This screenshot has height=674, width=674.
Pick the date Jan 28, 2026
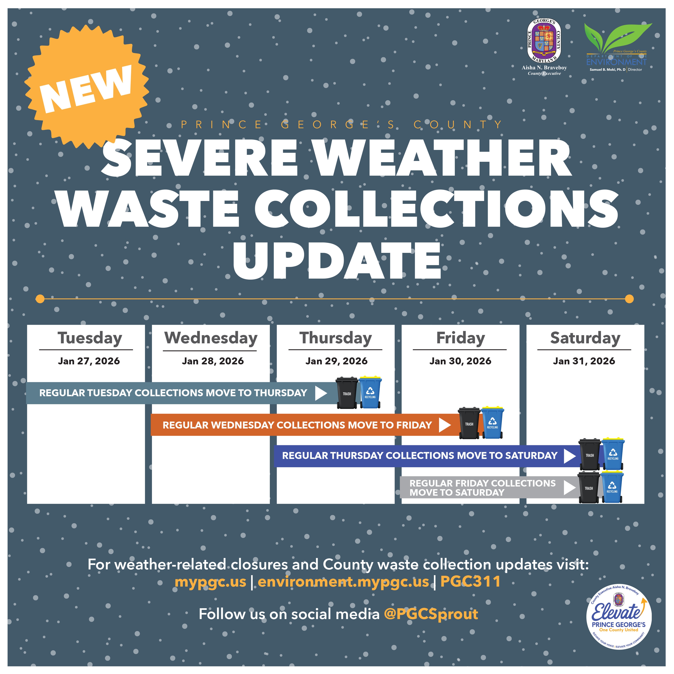[213, 361]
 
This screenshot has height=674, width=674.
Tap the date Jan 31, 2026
[584, 361]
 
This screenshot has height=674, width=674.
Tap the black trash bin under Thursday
[347, 393]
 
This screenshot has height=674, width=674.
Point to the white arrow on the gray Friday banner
[570, 488]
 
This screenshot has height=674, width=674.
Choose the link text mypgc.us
[210, 581]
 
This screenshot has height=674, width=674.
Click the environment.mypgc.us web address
[343, 581]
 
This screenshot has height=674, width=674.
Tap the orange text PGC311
[470, 581]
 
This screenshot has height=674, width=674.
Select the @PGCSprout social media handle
[431, 614]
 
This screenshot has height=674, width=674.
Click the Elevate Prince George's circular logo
[618, 617]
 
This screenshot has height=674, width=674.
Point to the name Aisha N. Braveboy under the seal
[544, 68]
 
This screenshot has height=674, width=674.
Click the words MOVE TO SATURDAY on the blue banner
[507, 456]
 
